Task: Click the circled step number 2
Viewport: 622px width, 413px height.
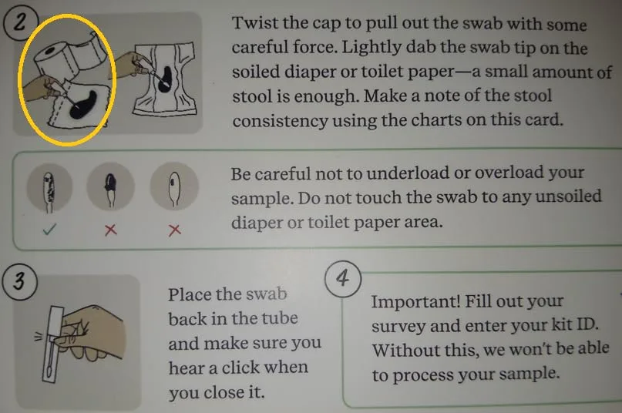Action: click(21, 22)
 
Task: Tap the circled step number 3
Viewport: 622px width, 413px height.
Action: click(19, 281)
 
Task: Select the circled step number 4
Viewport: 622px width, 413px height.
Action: click(343, 278)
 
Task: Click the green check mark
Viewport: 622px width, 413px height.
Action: click(49, 230)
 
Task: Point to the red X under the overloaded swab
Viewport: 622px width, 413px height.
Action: click(111, 230)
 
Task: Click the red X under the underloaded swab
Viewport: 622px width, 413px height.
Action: click(174, 230)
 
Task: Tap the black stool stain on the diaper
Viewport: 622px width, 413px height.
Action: click(165, 79)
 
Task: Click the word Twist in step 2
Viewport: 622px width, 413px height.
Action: click(255, 23)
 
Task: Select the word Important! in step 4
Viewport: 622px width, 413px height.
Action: click(415, 301)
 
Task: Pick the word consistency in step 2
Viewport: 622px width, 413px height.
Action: click(280, 121)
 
